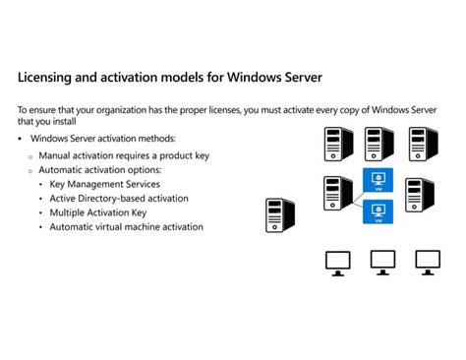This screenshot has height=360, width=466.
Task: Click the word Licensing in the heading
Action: tap(48, 76)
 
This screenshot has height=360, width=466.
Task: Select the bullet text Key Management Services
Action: tap(104, 184)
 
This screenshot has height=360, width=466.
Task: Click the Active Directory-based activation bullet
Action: tap(119, 198)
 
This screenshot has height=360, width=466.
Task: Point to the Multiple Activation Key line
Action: tap(98, 212)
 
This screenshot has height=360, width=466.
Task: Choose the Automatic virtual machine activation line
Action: tap(127, 226)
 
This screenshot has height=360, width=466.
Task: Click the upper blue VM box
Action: tap(378, 180)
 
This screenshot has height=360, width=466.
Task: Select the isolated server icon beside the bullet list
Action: tap(280, 216)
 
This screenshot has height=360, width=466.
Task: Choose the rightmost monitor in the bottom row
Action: tap(427, 261)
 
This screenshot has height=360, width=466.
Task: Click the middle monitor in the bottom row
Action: tap(382, 261)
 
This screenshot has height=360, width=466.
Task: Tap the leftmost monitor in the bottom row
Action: tap(337, 261)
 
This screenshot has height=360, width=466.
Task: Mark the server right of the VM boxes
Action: tap(419, 194)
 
